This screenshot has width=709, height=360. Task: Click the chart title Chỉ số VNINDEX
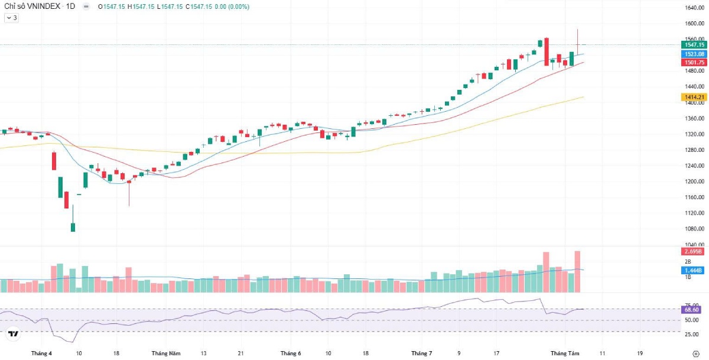[x=32, y=7]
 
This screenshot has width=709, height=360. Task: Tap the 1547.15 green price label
[x=694, y=44]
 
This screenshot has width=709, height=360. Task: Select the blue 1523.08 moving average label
[x=694, y=54]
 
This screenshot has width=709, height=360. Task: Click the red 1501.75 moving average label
[x=694, y=63]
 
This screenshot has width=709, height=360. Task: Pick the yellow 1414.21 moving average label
[x=694, y=97]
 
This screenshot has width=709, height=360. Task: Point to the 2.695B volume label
[x=694, y=252]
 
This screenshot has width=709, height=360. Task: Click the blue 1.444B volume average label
[x=694, y=270]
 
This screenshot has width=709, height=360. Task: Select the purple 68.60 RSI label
[x=692, y=309]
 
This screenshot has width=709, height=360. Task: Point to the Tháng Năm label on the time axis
[x=166, y=353]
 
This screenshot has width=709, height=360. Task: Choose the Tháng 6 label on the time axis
[x=291, y=353]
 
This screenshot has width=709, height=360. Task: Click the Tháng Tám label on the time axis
[x=562, y=353]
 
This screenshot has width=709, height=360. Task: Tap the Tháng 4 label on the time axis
[x=41, y=353]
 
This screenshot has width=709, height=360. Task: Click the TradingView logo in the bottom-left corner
[x=13, y=335]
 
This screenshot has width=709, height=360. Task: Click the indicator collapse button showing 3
[x=11, y=18]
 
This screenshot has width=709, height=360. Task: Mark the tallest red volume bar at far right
[x=577, y=272]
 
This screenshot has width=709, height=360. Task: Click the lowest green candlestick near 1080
[x=73, y=227]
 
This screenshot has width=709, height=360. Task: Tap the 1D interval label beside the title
[x=70, y=7]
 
